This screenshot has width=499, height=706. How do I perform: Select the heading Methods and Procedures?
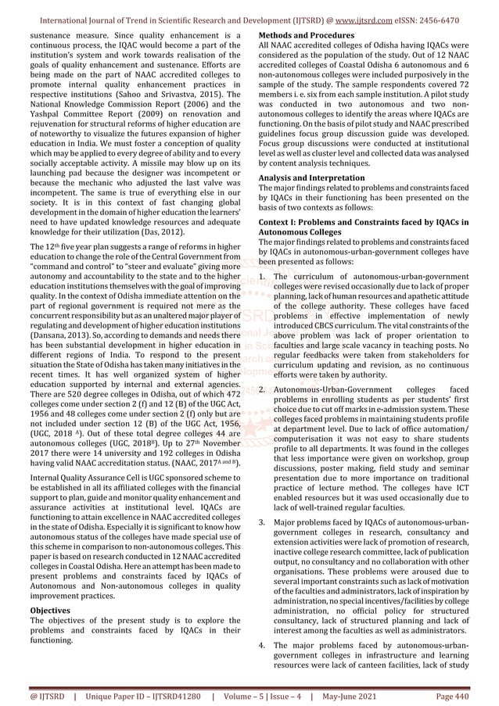tap(306, 36)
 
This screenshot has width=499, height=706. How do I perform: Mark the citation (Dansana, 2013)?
tap(59, 332)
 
